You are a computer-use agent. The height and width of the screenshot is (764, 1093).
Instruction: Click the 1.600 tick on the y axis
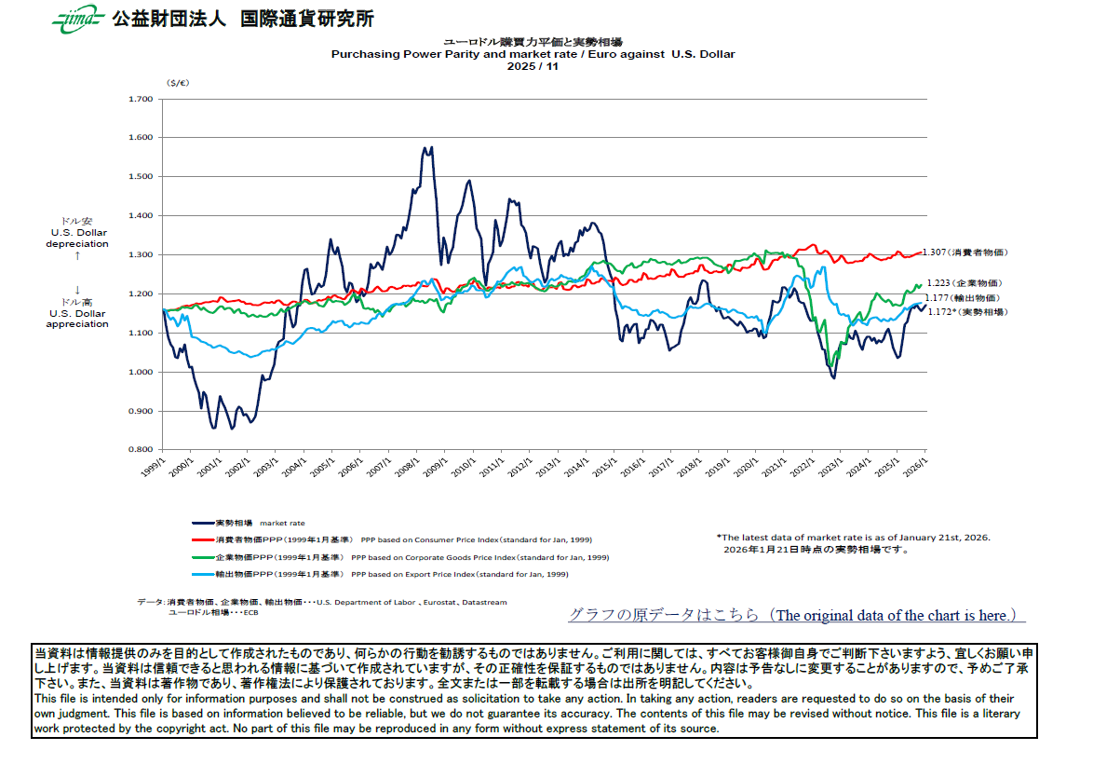pos(140,138)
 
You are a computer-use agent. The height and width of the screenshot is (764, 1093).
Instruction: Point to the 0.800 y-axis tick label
pos(140,450)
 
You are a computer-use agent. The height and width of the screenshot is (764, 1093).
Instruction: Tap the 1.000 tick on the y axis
pos(140,373)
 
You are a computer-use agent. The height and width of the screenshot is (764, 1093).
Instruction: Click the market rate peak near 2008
pos(430,148)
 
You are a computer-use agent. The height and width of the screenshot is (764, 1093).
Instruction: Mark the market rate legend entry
pos(248,524)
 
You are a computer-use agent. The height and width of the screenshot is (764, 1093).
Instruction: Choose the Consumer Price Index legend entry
pos(391,539)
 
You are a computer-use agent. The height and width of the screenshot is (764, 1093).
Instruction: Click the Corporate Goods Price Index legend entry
pos(400,557)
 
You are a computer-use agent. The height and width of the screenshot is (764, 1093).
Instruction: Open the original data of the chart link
pos(796,616)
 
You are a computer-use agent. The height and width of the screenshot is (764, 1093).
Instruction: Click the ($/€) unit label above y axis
pos(178,83)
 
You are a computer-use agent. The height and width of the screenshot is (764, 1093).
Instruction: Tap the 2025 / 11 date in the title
pos(533,66)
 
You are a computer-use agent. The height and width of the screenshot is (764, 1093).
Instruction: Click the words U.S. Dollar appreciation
pos(77,319)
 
